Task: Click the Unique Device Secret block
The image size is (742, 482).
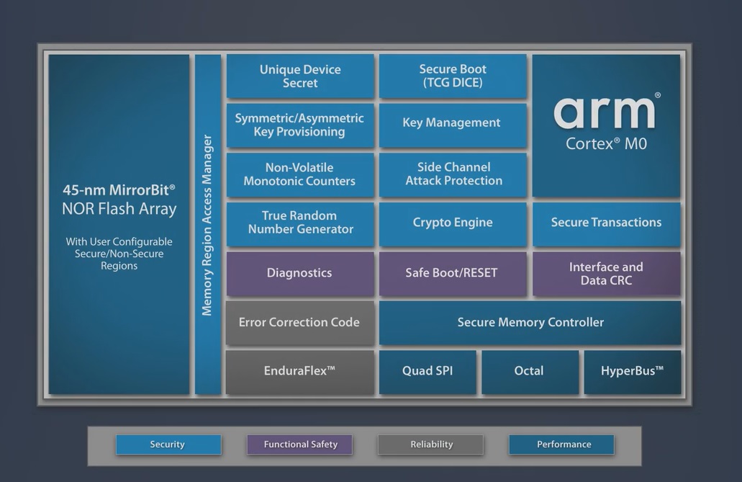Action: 300,76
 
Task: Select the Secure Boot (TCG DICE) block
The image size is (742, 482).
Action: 453,76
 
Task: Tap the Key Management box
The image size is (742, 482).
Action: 453,125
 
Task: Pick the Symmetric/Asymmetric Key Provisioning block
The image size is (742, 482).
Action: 300,125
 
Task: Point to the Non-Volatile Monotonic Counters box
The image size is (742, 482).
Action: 300,174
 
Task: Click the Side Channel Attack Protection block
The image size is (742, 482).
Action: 453,174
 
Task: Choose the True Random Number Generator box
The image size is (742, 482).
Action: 300,224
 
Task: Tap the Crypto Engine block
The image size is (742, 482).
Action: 453,224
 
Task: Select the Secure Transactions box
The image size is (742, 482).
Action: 606,224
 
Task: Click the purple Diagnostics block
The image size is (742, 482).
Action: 300,274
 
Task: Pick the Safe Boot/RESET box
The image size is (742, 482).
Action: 453,274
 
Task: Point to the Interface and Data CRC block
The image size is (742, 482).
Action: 606,274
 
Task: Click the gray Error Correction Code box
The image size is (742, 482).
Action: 300,323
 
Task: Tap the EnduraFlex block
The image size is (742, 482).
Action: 300,372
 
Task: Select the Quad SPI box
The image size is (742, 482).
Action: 427,372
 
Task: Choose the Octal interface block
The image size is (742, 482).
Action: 530,372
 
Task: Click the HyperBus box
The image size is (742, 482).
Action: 632,372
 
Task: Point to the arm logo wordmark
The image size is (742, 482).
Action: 605,113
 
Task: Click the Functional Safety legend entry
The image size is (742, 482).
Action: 300,445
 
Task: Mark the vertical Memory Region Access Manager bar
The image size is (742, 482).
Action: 208,224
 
